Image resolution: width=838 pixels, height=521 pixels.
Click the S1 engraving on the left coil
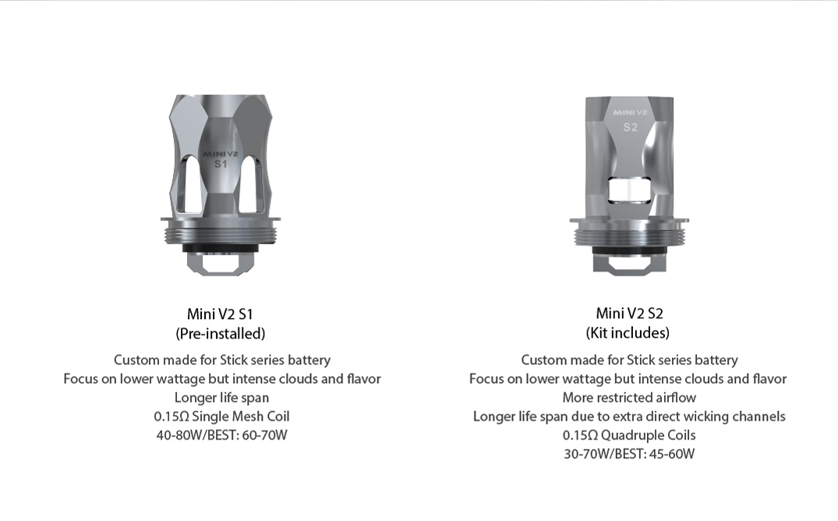pos(221,165)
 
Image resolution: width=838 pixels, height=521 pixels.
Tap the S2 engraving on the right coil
pos(630,127)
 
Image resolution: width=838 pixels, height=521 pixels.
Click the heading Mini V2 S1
pos(220,314)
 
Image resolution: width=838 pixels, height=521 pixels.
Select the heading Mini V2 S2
pos(629,314)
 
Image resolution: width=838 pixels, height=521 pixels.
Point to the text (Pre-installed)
pos(220,334)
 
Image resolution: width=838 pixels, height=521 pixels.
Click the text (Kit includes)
pos(628,333)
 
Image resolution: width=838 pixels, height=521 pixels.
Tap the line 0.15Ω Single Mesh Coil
pos(221,416)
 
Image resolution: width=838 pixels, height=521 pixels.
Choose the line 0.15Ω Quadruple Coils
pos(629,435)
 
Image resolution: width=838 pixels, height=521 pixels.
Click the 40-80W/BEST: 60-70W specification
pos(221,435)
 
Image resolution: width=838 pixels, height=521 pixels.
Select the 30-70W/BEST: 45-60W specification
pos(629,454)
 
